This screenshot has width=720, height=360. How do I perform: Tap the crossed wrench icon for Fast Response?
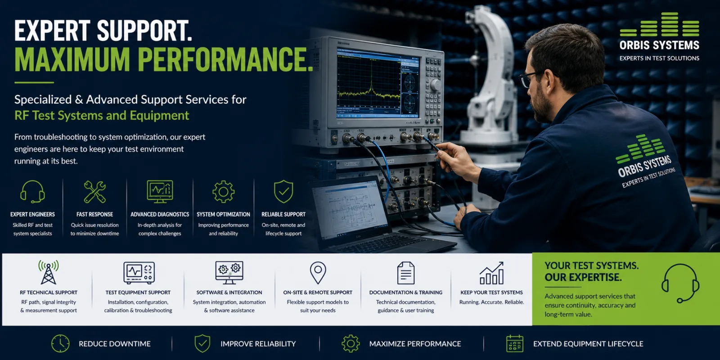coord(94,192)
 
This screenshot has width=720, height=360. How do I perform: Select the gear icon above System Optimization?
coord(223,192)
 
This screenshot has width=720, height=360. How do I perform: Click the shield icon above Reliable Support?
coord(283,192)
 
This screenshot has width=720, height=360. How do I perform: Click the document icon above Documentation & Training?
coord(405,273)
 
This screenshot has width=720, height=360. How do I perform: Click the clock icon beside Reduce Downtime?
coord(60,344)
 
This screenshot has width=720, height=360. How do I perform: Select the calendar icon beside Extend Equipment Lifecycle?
coord(515,344)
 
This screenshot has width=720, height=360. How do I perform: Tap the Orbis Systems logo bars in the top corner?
coord(659,24)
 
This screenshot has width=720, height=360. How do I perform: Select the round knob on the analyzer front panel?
coord(435,85)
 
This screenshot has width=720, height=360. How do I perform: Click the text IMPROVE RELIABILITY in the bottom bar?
coord(258,344)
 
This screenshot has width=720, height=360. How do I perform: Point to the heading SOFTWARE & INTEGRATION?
coord(229,292)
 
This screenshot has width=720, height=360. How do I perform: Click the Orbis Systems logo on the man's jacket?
coord(644,161)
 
